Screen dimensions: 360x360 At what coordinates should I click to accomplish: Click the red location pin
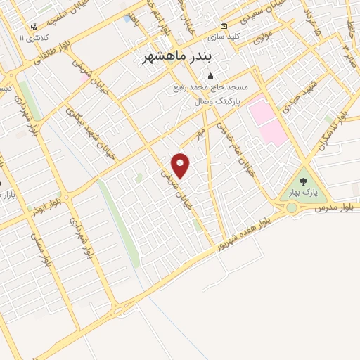[x=181, y=165]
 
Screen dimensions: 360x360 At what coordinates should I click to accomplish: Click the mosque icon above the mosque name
[x=209, y=77]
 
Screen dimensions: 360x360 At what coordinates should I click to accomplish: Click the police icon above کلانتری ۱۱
[x=33, y=27]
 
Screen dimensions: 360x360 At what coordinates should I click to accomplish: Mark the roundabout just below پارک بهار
[x=291, y=207]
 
